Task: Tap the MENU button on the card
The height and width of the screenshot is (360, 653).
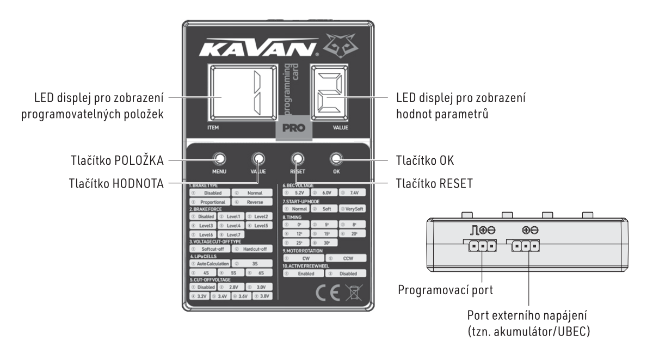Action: point(220,159)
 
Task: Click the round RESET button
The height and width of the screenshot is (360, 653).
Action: point(297,159)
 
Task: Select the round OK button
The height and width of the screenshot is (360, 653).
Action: point(335,159)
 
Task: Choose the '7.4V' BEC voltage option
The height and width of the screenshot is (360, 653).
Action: point(355,193)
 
